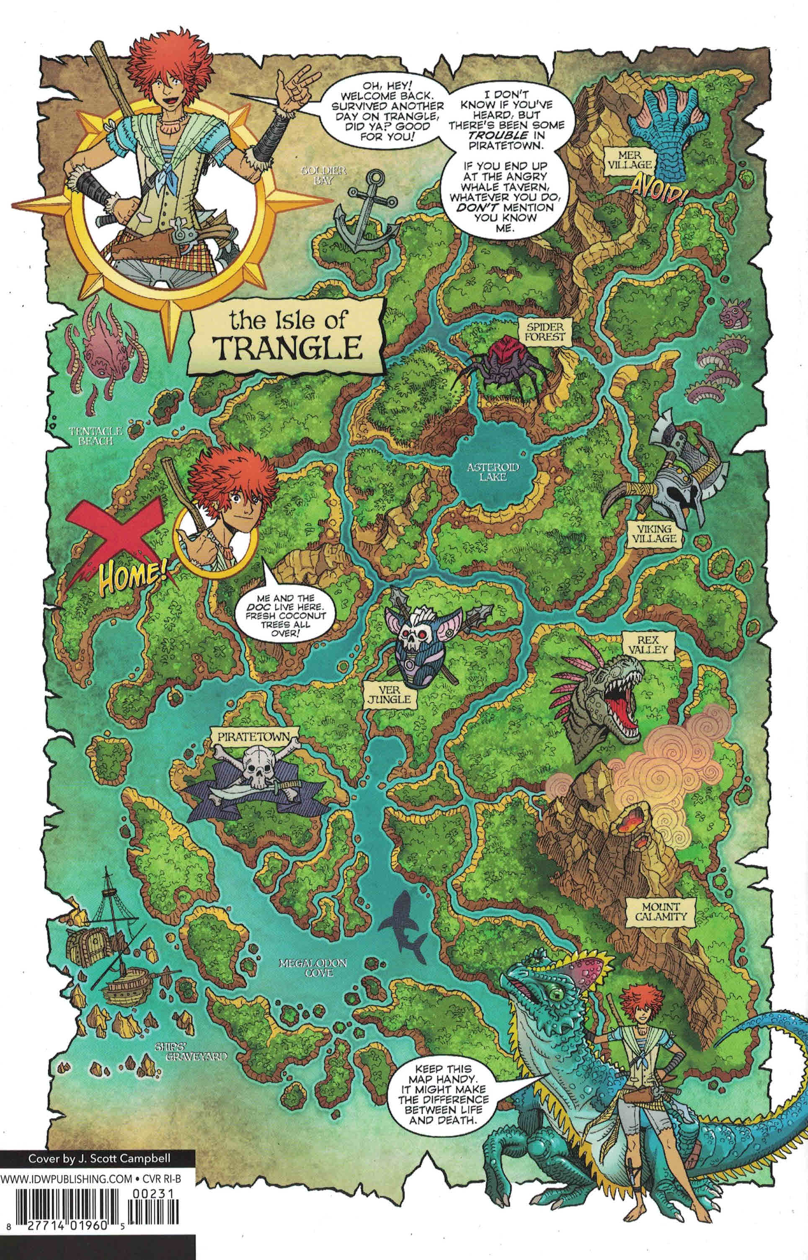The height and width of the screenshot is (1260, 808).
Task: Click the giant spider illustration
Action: click(497, 368)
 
